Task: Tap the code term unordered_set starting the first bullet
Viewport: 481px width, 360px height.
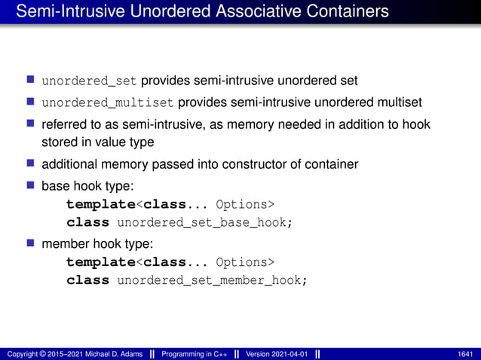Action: click(x=89, y=81)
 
